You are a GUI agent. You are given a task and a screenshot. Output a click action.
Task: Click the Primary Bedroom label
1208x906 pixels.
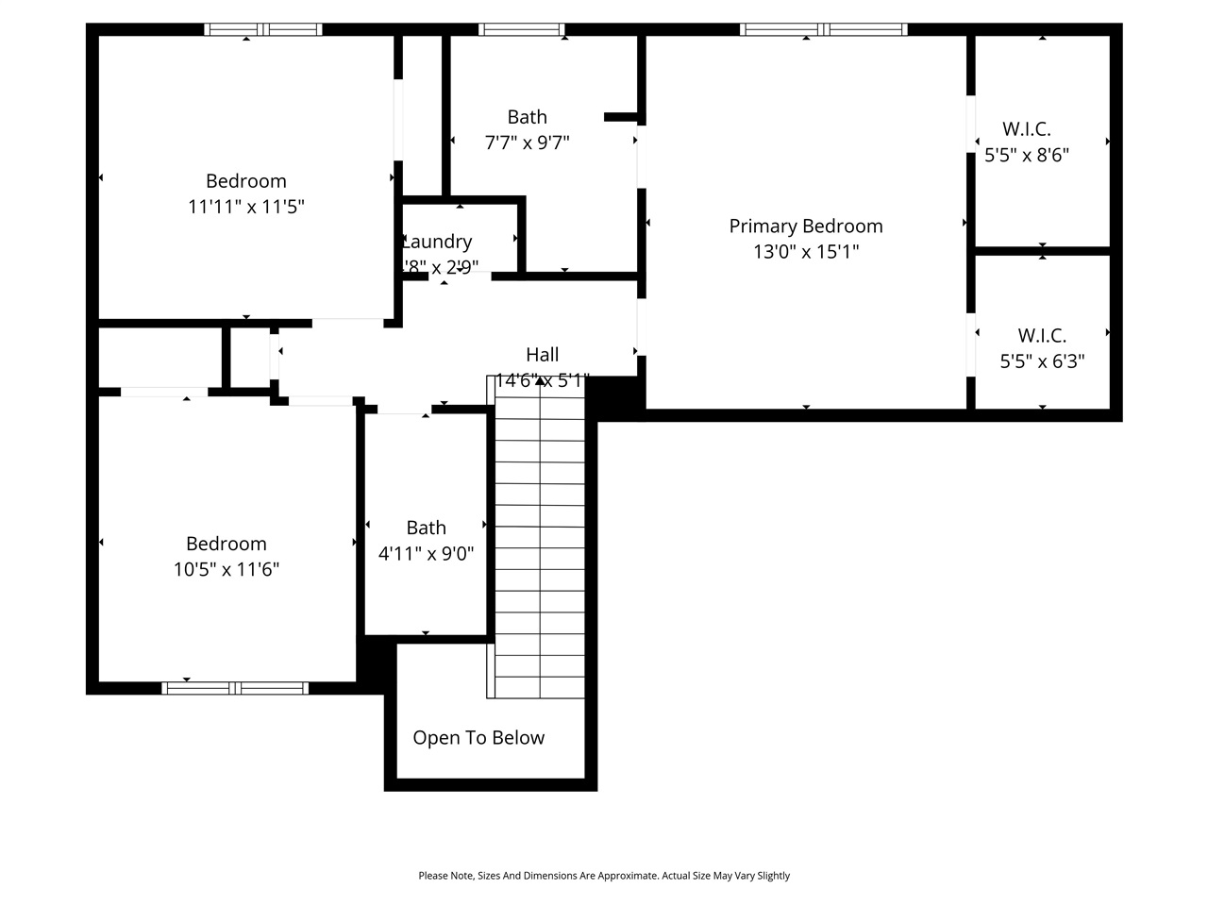tap(806, 226)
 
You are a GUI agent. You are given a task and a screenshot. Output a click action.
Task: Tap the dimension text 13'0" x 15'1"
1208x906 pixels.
tap(806, 252)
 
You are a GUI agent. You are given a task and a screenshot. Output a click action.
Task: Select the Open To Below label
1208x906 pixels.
tap(478, 738)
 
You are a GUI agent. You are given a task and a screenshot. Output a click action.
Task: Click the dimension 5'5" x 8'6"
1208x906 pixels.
tap(1027, 155)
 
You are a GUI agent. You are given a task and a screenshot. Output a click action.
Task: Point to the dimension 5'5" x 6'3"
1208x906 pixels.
tap(1042, 361)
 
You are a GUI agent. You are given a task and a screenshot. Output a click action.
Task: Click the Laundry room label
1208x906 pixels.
tap(437, 242)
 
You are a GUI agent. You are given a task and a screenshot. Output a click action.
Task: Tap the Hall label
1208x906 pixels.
tap(543, 355)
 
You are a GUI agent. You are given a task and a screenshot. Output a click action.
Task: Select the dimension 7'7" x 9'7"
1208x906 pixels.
tap(527, 143)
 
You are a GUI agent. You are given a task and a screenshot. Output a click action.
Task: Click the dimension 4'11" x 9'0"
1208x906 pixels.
tap(426, 554)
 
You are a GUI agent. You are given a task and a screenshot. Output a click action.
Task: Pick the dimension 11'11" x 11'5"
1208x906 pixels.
tap(246, 207)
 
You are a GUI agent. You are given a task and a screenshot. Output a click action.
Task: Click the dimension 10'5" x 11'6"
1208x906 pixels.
tap(226, 569)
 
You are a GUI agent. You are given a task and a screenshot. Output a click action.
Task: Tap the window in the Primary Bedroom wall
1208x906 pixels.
tap(823, 30)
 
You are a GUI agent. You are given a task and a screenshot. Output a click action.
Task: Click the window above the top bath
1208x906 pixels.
tap(522, 30)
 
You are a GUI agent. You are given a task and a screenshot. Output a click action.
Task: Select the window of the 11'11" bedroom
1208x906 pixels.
tap(263, 30)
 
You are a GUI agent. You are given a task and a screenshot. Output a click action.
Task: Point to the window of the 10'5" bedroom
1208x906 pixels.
tap(235, 688)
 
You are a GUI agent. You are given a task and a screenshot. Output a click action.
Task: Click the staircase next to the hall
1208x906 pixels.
tap(539, 547)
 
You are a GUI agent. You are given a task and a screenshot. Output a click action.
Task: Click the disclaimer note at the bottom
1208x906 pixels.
tap(604, 876)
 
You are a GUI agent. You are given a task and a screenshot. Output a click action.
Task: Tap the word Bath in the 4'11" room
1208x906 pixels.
tap(427, 528)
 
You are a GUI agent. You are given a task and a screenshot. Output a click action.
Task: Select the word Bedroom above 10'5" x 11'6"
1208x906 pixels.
tap(226, 544)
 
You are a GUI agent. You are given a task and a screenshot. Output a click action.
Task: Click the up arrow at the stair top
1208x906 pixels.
tap(539, 381)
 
